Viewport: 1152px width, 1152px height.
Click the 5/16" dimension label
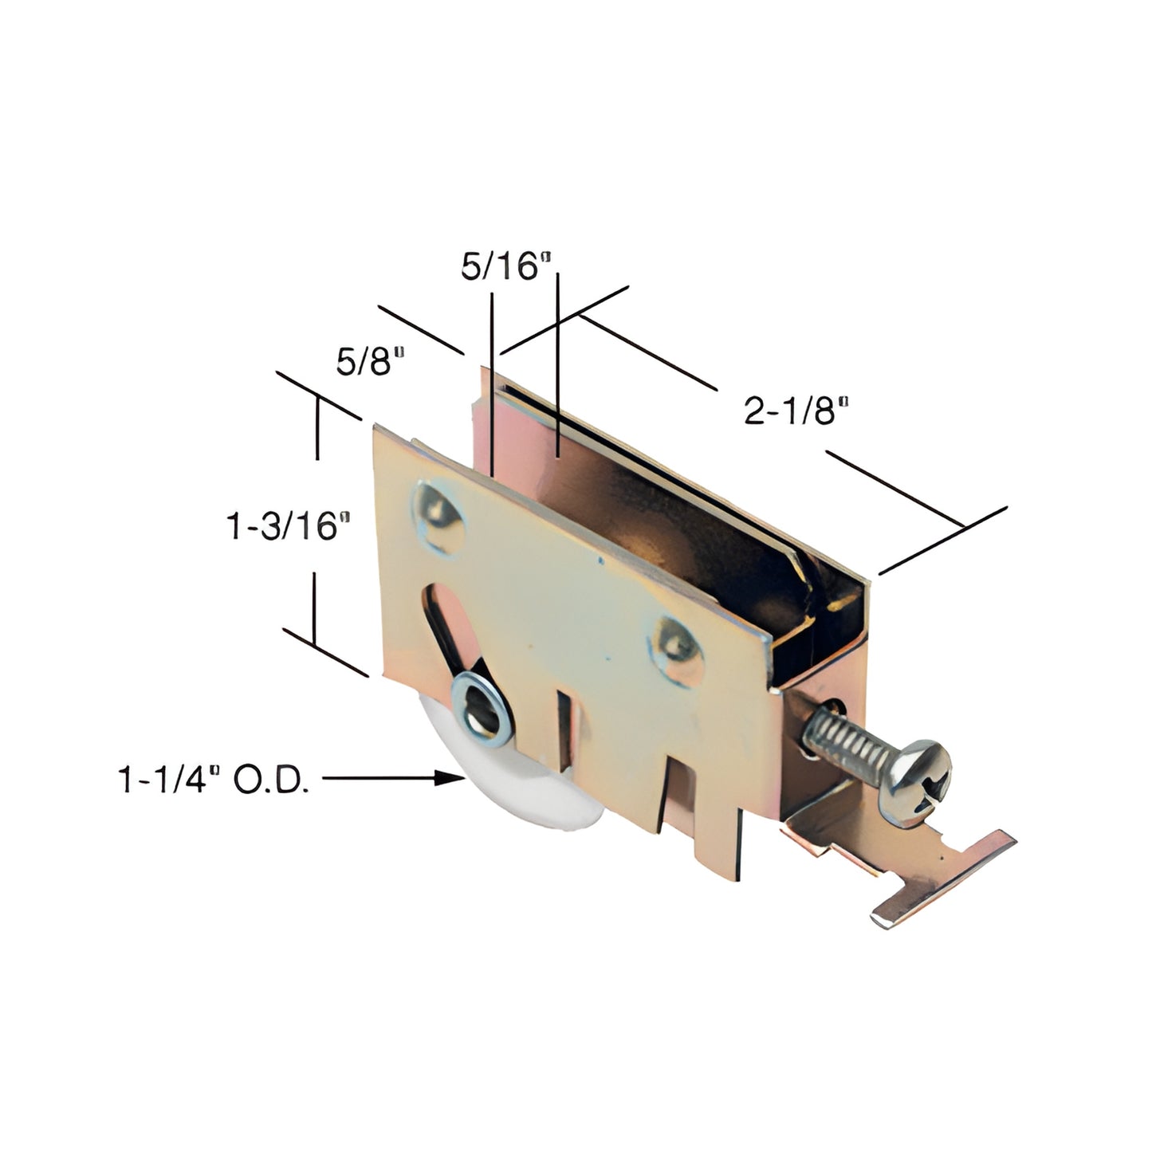(506, 267)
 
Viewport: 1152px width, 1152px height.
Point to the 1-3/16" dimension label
(289, 526)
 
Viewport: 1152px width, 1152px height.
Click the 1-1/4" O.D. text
(214, 782)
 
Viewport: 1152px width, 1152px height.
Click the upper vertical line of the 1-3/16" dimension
(318, 431)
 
